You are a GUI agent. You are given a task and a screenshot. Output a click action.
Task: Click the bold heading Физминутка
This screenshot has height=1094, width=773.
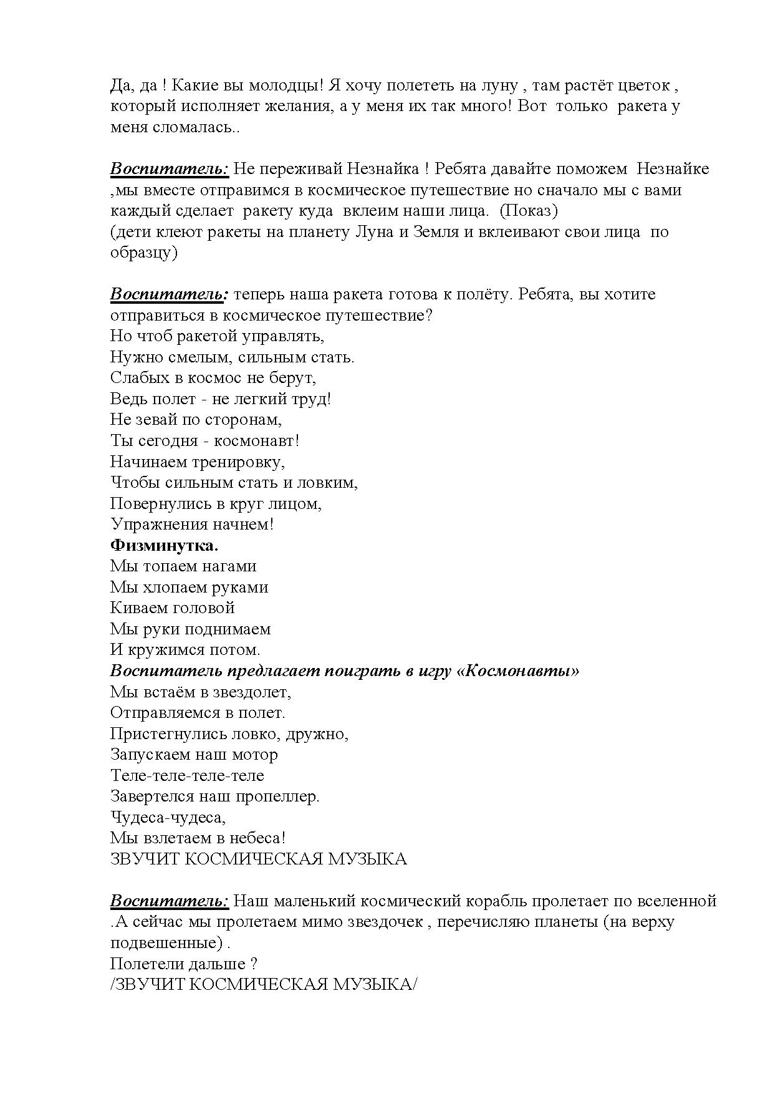tap(164, 546)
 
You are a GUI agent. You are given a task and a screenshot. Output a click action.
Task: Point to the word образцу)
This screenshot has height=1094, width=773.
tap(144, 253)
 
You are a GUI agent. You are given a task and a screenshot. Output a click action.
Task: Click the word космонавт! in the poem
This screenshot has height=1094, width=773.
tap(257, 441)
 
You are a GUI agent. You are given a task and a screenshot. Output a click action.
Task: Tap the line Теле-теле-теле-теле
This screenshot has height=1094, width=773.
tap(187, 776)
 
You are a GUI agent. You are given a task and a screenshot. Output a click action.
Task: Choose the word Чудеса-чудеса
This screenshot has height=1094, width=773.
tap(168, 818)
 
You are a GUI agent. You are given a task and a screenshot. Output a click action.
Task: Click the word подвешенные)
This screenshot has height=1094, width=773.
tap(166, 943)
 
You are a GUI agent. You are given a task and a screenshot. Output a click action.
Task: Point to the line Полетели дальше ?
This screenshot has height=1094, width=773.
tap(184, 964)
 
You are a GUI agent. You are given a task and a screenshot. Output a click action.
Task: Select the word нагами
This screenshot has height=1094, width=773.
tap(228, 566)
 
